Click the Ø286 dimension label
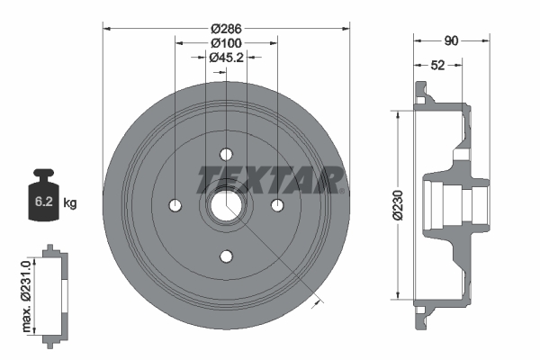pos(225,27)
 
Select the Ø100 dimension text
pos(225,42)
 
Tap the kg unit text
pos(70,203)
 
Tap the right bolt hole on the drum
pos(278,206)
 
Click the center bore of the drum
pos(226,206)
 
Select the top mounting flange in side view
pos(420,94)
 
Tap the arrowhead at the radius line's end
pos(315,303)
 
